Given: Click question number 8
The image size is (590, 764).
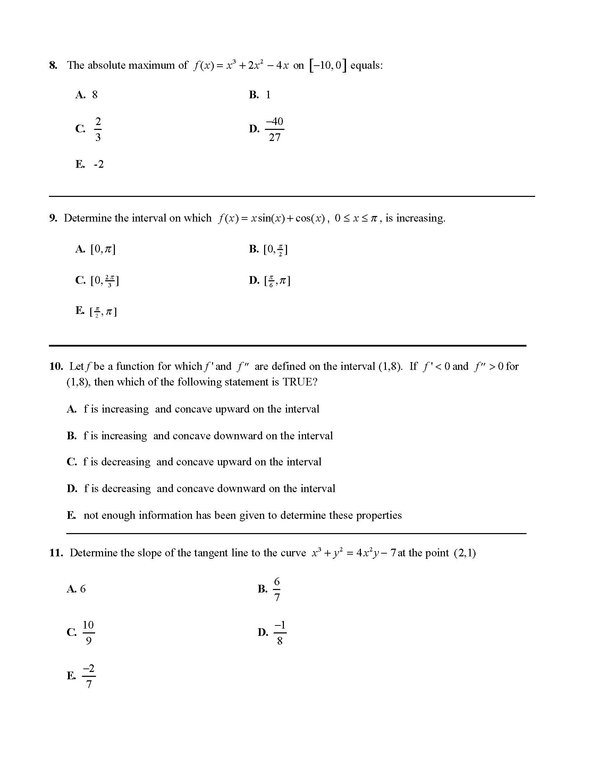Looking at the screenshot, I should (x=53, y=65).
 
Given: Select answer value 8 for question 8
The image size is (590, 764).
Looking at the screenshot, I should (x=95, y=95).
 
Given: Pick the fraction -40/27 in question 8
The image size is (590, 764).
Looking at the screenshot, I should (x=275, y=130).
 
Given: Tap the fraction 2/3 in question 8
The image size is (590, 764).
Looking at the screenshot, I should (x=98, y=130).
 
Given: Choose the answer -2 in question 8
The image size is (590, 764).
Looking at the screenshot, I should (x=99, y=164).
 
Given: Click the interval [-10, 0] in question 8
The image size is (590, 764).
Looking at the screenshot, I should (x=328, y=65).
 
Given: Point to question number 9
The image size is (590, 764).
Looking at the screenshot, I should (x=53, y=218).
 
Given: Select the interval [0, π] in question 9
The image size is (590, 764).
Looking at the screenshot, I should (x=103, y=249).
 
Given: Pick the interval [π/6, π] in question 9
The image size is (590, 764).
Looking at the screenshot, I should (x=277, y=281).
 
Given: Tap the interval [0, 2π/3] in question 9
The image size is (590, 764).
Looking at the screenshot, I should (x=104, y=281).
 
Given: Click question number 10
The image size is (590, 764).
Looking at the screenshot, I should (x=56, y=366).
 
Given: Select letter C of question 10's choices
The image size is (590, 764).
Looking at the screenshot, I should (x=71, y=462).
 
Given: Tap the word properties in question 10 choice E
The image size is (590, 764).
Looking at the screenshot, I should (x=379, y=515).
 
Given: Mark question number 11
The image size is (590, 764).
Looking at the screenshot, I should (x=56, y=553).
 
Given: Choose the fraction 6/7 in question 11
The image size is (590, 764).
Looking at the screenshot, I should (x=277, y=589).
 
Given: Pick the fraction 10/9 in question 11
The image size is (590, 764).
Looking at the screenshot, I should (x=88, y=632).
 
